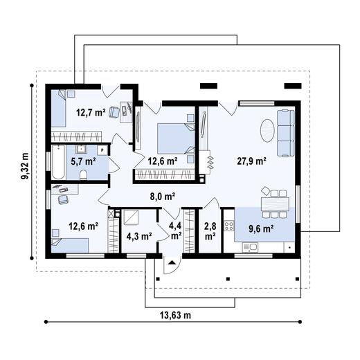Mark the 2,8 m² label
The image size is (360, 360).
tap(210, 231)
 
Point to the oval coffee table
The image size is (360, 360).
tap(268, 129)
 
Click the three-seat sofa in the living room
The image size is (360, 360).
tap(285, 132)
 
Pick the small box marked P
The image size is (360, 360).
tap(102, 149)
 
